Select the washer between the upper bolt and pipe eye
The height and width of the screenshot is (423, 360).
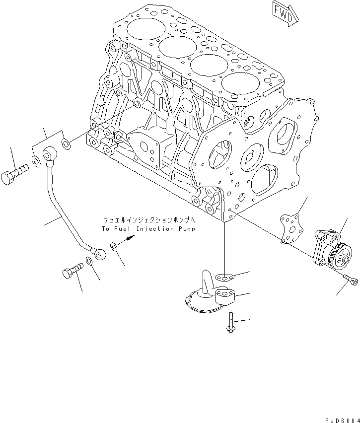click(x=36, y=160)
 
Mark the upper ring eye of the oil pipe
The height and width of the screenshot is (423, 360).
click(x=51, y=155)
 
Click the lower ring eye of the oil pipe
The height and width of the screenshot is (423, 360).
click(x=100, y=255)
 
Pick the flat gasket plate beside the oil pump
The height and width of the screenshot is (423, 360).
click(x=293, y=229)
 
